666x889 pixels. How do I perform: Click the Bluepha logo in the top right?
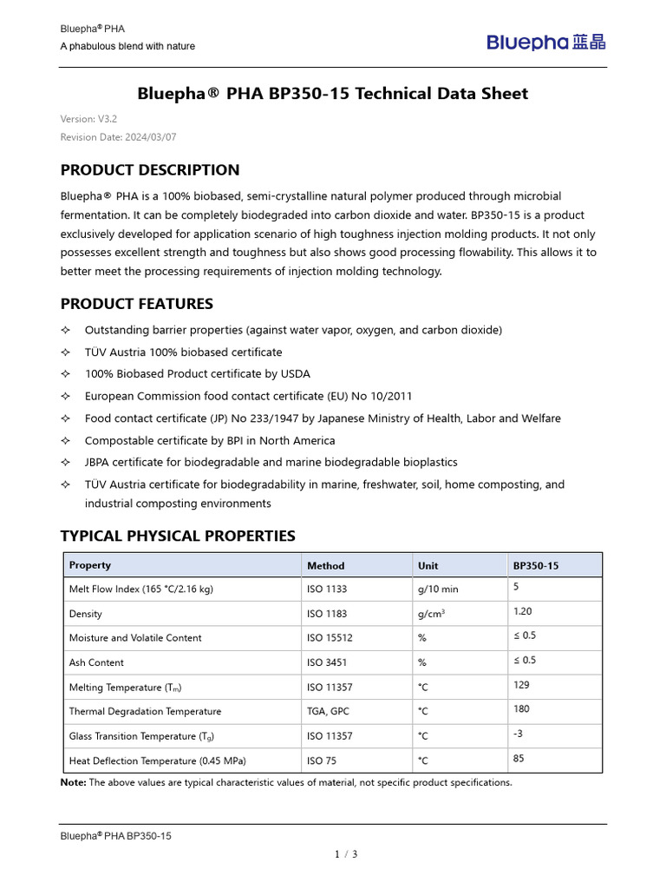545,41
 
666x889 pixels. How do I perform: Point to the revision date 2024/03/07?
119,137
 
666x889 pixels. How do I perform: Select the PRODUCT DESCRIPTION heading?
150,169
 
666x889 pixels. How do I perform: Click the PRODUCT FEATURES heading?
136,304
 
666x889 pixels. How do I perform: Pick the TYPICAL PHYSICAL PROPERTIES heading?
178,536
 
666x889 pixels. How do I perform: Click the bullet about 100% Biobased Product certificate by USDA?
197,374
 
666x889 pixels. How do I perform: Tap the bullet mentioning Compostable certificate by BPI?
210,440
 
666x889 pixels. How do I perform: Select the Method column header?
325,565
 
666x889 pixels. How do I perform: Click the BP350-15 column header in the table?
536,565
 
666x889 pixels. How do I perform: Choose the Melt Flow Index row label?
140,589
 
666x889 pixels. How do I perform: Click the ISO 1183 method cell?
326,614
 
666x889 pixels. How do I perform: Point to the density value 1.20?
523,611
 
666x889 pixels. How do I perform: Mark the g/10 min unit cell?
438,589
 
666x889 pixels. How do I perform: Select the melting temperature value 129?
521,684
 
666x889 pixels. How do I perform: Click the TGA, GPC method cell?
330,711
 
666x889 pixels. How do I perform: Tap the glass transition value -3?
519,734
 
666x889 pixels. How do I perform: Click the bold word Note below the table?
73,782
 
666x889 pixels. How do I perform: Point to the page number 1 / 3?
346,854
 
